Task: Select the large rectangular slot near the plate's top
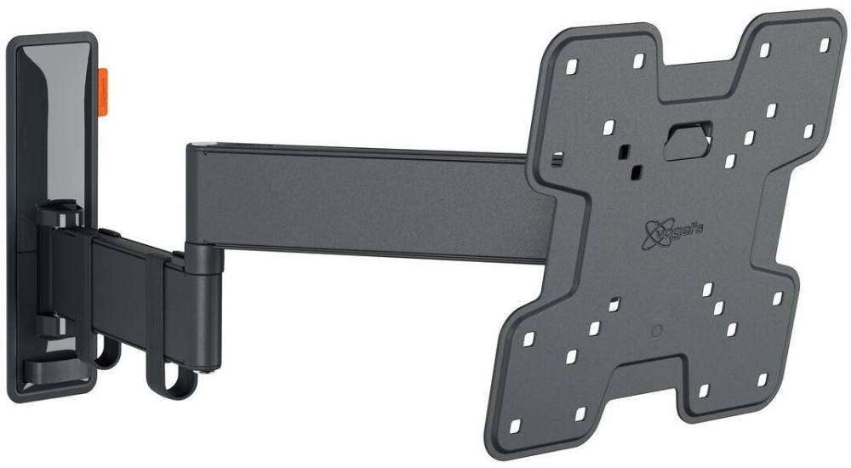coord(686,138)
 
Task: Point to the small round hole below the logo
coord(654,329)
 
